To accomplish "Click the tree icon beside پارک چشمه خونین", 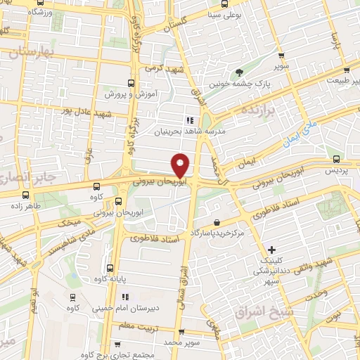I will (x=240, y=72).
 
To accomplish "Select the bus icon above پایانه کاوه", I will (x=110, y=268).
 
